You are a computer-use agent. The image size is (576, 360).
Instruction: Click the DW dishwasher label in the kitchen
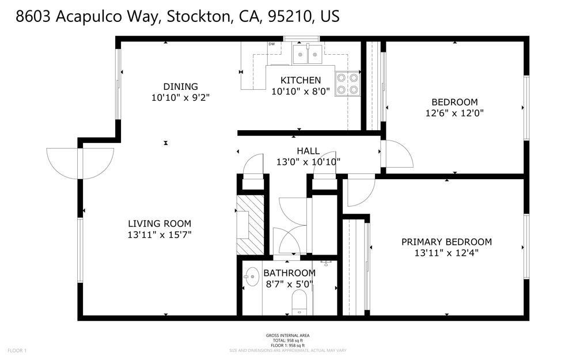pos(271,44)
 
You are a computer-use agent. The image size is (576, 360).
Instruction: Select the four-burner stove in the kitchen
pos(347,84)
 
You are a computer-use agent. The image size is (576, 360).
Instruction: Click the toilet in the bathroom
pos(299,302)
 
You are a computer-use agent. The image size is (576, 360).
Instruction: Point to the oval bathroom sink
pos(252,277)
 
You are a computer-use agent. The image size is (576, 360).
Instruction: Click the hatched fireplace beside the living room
pos(250,225)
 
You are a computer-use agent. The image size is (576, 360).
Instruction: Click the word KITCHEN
pos(300,80)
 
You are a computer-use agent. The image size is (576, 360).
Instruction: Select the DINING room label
pos(180,87)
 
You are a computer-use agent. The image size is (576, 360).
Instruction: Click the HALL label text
pos(308,151)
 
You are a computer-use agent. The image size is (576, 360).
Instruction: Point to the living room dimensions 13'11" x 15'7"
pos(160,235)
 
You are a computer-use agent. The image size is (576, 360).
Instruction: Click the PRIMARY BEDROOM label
pos(446,242)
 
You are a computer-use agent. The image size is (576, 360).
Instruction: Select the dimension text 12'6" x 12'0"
pos(454,113)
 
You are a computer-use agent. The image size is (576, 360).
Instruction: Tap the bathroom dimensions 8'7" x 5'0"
pos(290,284)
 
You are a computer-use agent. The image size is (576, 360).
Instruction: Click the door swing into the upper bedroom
pos(397,154)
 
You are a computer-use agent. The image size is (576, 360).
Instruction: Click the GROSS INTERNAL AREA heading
pos(288,336)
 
